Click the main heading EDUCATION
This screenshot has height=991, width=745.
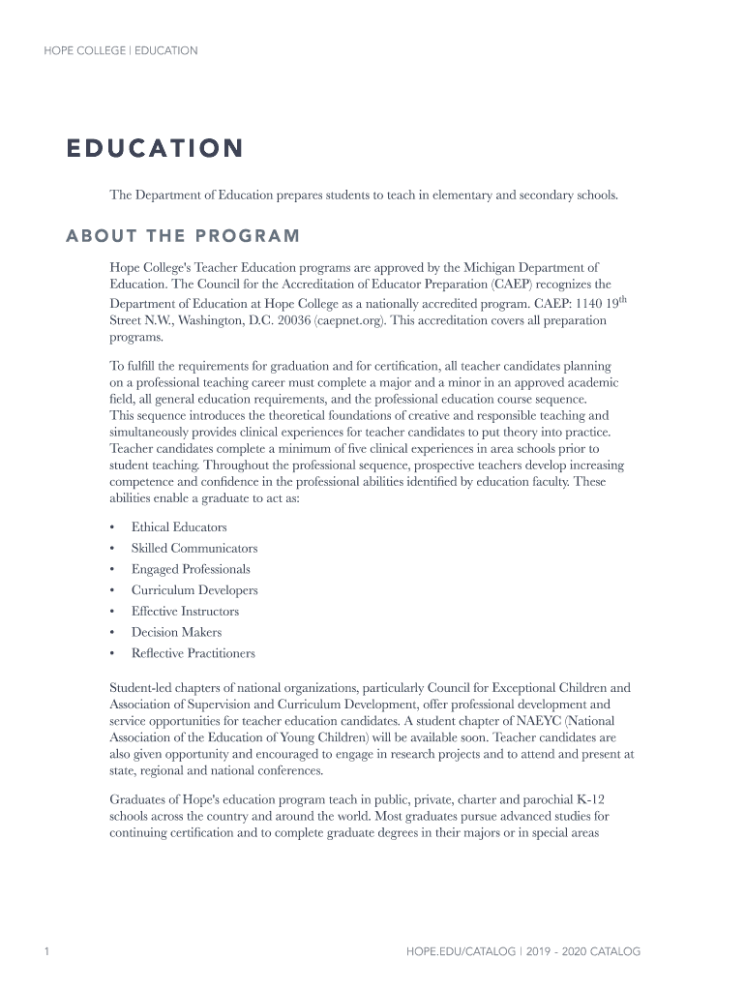[x=154, y=149]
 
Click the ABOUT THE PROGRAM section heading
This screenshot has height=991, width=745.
[x=183, y=237]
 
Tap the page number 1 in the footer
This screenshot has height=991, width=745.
[x=46, y=952]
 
